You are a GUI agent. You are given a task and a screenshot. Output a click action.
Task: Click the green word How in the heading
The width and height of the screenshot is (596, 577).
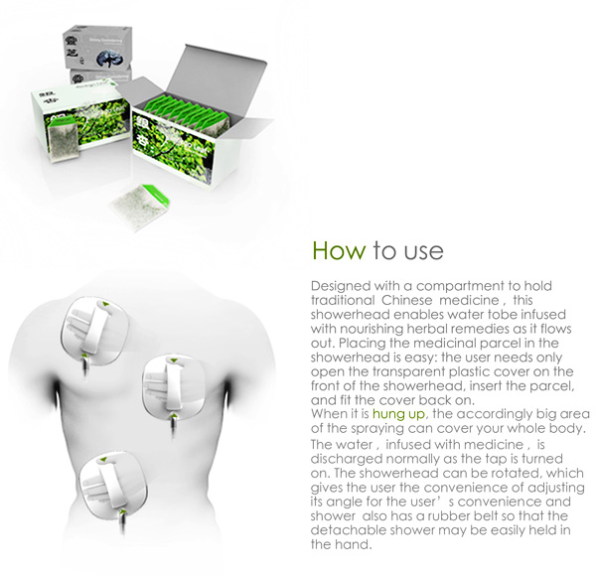coord(339,251)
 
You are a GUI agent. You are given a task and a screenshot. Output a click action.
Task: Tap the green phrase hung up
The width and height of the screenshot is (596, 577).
coord(398,413)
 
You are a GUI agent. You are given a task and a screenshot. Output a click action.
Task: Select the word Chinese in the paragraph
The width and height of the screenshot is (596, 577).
coord(406,300)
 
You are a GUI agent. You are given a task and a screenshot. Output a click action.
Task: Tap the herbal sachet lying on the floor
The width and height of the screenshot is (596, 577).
coord(139,207)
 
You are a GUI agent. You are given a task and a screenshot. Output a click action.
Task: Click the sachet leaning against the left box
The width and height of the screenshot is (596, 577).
coord(64,139)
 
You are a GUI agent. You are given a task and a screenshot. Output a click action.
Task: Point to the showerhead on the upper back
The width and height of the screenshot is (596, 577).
coord(94,332)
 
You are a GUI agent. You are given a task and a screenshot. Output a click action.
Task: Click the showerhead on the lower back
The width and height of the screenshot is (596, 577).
coord(113,486)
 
